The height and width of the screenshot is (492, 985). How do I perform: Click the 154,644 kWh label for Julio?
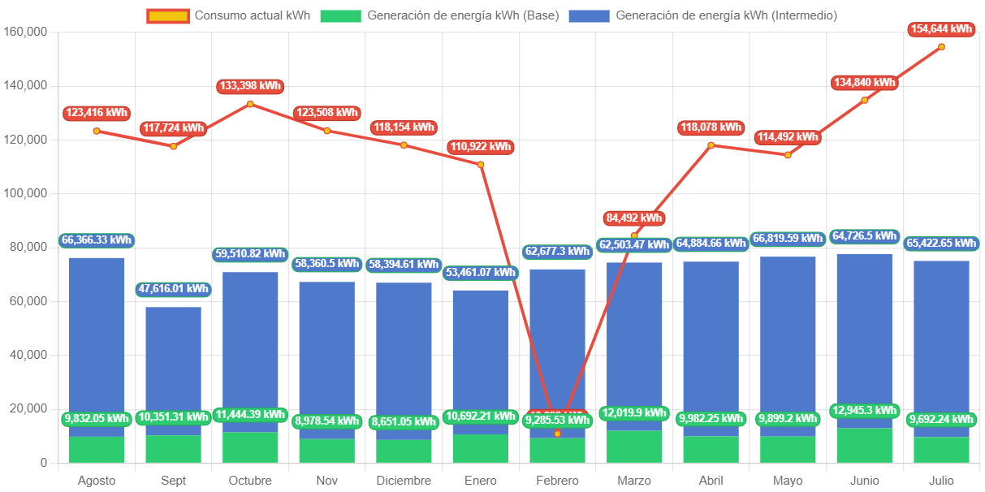(x=941, y=29)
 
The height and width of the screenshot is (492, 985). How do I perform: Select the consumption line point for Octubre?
(x=250, y=104)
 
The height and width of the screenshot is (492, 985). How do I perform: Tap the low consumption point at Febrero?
(x=557, y=434)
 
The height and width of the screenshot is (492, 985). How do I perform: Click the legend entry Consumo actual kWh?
(x=229, y=15)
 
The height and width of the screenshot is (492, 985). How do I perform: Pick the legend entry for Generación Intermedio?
(x=702, y=15)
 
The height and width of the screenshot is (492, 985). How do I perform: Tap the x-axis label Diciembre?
(x=404, y=481)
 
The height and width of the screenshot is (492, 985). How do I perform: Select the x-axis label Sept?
(x=173, y=481)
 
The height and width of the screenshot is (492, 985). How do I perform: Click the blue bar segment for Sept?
(x=173, y=365)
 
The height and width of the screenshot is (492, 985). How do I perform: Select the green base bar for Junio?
(x=864, y=446)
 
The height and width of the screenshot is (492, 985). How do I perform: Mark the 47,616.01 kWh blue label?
(x=173, y=289)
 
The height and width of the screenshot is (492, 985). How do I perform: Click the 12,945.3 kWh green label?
(x=864, y=411)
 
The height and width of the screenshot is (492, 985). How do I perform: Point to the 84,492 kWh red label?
(x=634, y=218)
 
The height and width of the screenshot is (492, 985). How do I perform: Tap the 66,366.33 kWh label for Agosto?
(x=97, y=240)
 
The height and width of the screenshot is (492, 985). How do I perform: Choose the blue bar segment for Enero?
(x=480, y=357)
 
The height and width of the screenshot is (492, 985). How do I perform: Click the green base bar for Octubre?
(x=250, y=447)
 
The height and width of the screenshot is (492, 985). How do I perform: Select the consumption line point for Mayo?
(x=787, y=155)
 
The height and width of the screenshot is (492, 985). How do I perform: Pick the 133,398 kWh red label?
(x=250, y=86)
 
